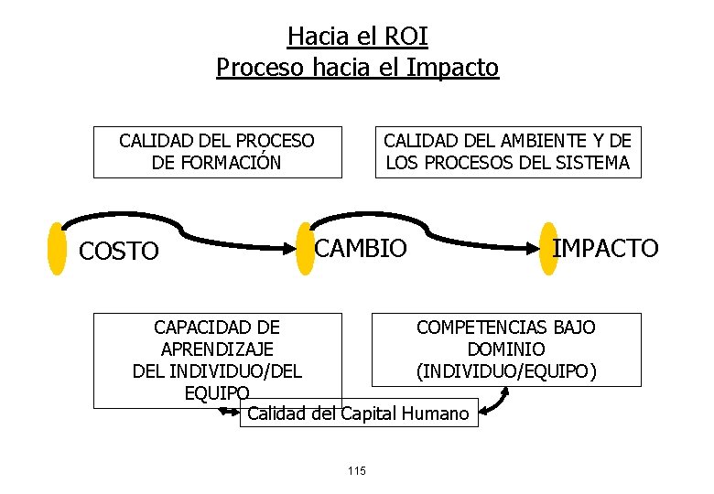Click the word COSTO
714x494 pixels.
coord(119,252)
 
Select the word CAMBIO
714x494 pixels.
coord(361,247)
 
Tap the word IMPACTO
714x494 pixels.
coord(605,247)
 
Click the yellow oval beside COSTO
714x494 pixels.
coord(58,248)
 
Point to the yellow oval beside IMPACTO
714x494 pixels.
coord(548,248)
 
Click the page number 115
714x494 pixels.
coord(357,470)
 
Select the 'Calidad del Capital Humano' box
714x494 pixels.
coord(358,413)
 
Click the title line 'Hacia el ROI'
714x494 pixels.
coord(357,37)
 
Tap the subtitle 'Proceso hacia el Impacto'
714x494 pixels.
coord(357,68)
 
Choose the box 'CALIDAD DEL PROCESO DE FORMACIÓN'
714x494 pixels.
coord(217,152)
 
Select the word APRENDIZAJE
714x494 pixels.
coord(217,349)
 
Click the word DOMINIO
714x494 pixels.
coord(505,349)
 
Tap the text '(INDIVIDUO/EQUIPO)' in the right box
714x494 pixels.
coord(505,371)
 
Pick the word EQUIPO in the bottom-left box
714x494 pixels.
coord(217,393)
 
